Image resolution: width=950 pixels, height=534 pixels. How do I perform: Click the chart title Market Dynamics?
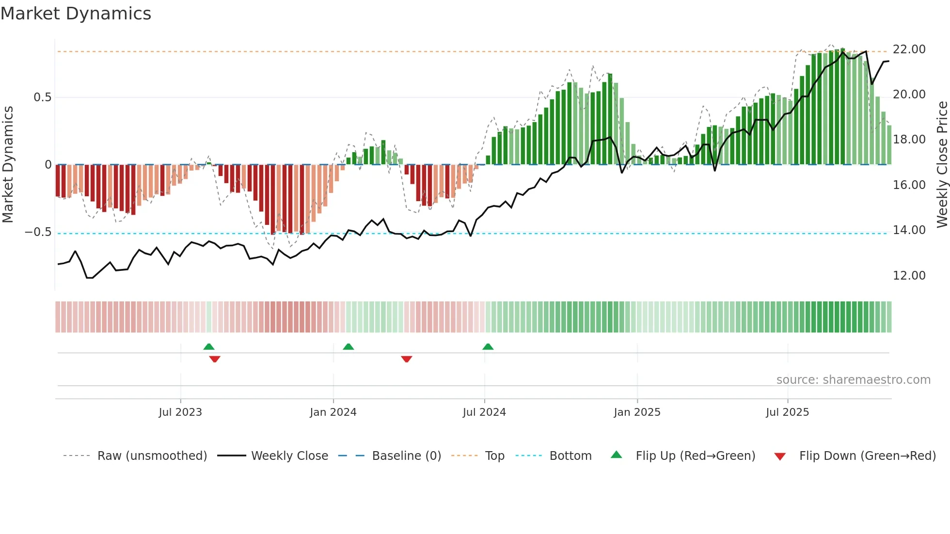(76, 14)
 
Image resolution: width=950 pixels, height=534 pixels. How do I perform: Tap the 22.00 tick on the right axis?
(909, 49)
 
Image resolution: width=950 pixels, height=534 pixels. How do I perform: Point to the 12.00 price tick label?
(909, 276)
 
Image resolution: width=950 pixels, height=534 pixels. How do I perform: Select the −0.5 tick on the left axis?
(38, 232)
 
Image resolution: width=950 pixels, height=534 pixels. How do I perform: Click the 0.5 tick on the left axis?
(42, 97)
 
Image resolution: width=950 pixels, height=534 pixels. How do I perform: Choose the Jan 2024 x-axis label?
(333, 412)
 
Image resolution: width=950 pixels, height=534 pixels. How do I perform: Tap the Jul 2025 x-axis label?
(787, 412)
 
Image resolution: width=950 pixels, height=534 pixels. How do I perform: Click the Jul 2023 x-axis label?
(180, 412)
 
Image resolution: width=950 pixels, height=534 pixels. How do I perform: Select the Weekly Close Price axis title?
(942, 164)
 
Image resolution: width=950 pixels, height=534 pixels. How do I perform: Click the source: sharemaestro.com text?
(853, 380)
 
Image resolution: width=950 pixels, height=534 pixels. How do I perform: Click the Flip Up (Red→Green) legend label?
(695, 456)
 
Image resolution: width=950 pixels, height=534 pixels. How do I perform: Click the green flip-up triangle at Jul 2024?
(488, 347)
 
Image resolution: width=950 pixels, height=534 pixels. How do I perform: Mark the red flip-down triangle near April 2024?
(407, 359)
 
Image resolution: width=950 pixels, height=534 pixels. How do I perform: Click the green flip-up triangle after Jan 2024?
(348, 347)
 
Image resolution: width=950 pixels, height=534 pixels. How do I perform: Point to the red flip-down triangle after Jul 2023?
(215, 359)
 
